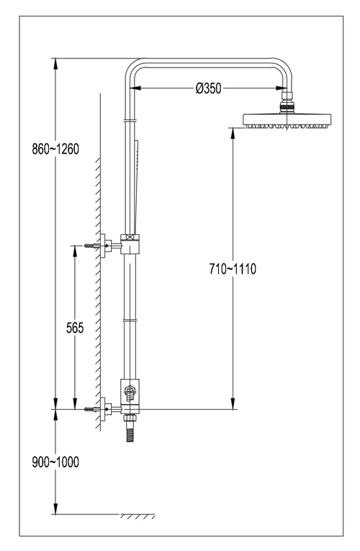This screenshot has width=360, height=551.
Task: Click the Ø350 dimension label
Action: tap(209, 88)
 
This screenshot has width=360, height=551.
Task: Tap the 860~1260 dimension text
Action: tap(55, 149)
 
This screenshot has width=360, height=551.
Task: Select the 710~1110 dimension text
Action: tap(233, 269)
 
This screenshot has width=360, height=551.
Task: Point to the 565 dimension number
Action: tap(75, 328)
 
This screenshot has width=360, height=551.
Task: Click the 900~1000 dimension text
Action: tap(55, 462)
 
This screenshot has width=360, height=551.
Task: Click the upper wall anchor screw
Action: tap(92, 246)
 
